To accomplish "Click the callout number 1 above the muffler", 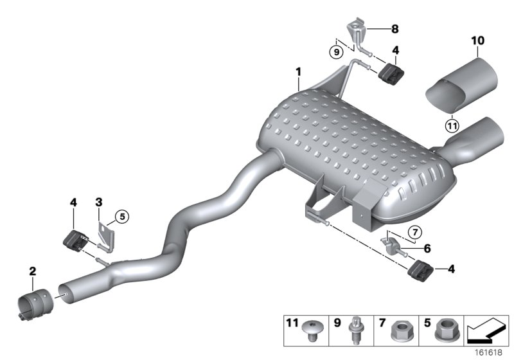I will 299,83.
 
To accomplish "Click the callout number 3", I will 98,203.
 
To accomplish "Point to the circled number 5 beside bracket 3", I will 123,217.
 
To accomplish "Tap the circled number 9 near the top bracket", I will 335,51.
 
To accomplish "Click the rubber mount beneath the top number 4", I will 390,75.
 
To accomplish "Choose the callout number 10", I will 475,41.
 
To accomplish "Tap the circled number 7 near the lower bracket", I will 414,231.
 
